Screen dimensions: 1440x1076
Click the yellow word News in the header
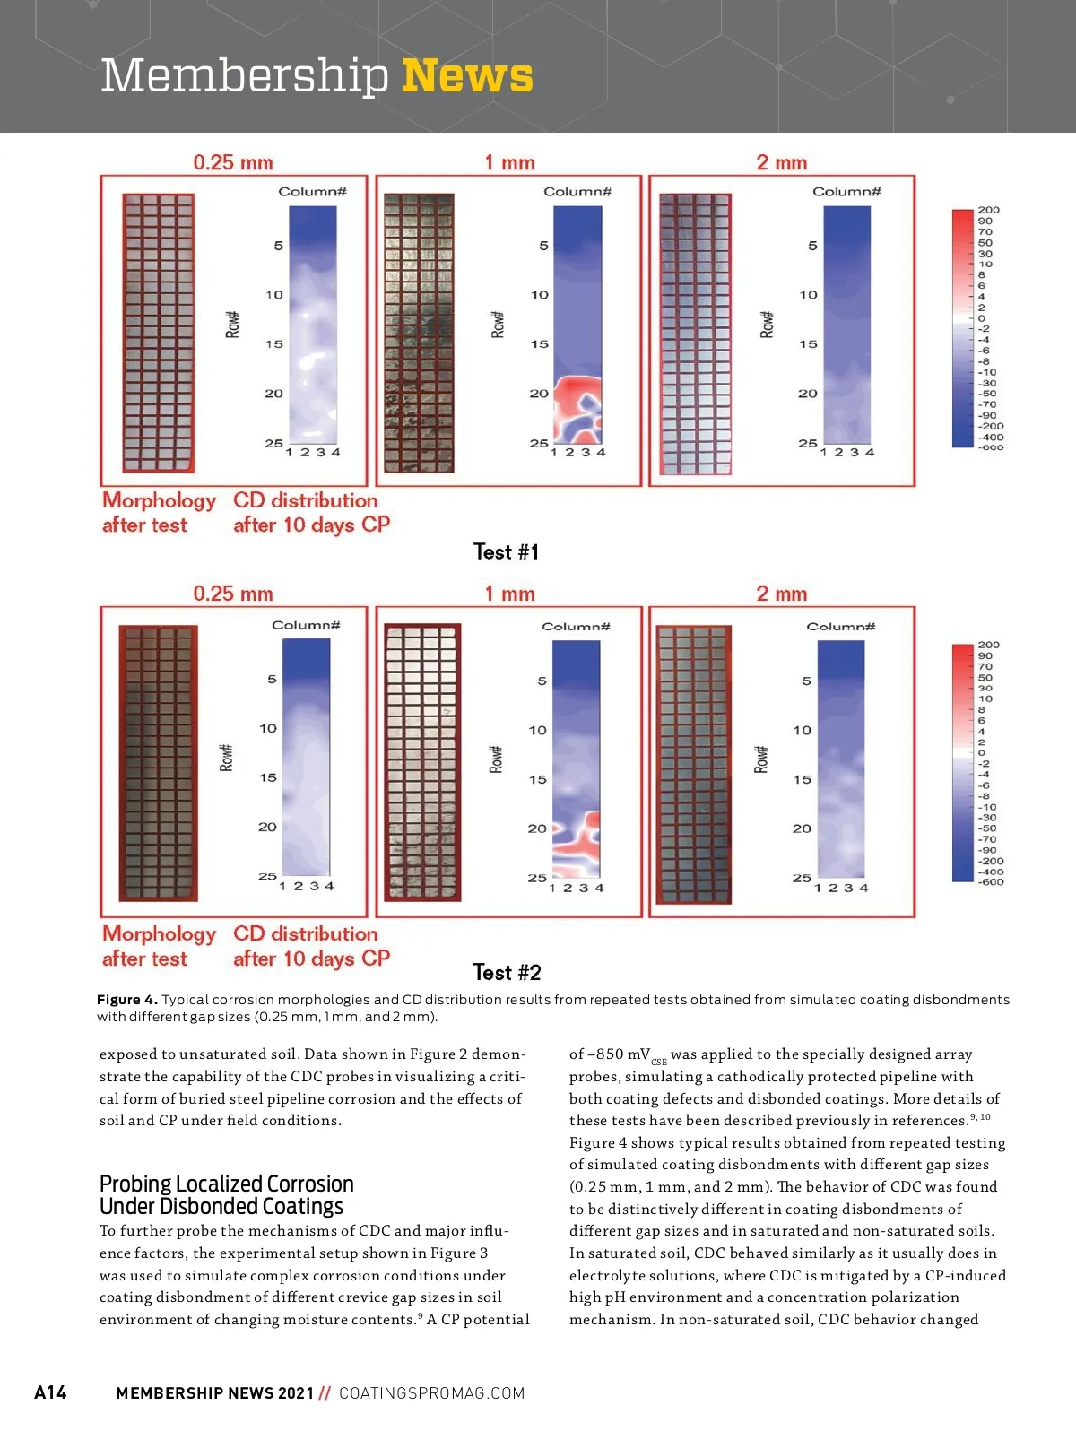coord(467,75)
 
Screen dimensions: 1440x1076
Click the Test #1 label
coord(506,551)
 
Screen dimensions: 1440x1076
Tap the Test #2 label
coord(507,972)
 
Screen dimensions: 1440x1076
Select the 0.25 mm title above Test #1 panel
coord(233,162)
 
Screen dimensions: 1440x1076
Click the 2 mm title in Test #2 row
coord(781,594)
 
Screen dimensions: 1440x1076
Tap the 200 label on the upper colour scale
coord(988,210)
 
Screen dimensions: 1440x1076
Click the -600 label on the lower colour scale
coord(991,882)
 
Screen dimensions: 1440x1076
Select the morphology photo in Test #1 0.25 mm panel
coord(159,332)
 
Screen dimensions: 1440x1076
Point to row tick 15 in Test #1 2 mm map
coord(808,344)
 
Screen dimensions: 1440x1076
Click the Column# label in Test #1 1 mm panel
coord(577,192)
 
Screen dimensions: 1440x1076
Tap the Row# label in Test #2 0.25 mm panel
coord(226,758)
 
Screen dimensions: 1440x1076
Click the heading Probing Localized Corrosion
coord(227,1184)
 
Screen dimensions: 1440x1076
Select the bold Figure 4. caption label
coord(127,1000)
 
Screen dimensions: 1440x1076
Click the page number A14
coord(50,1392)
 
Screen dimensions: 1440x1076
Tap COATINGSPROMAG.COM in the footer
coord(431,1393)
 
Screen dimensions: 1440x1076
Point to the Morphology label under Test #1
coord(159,500)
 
